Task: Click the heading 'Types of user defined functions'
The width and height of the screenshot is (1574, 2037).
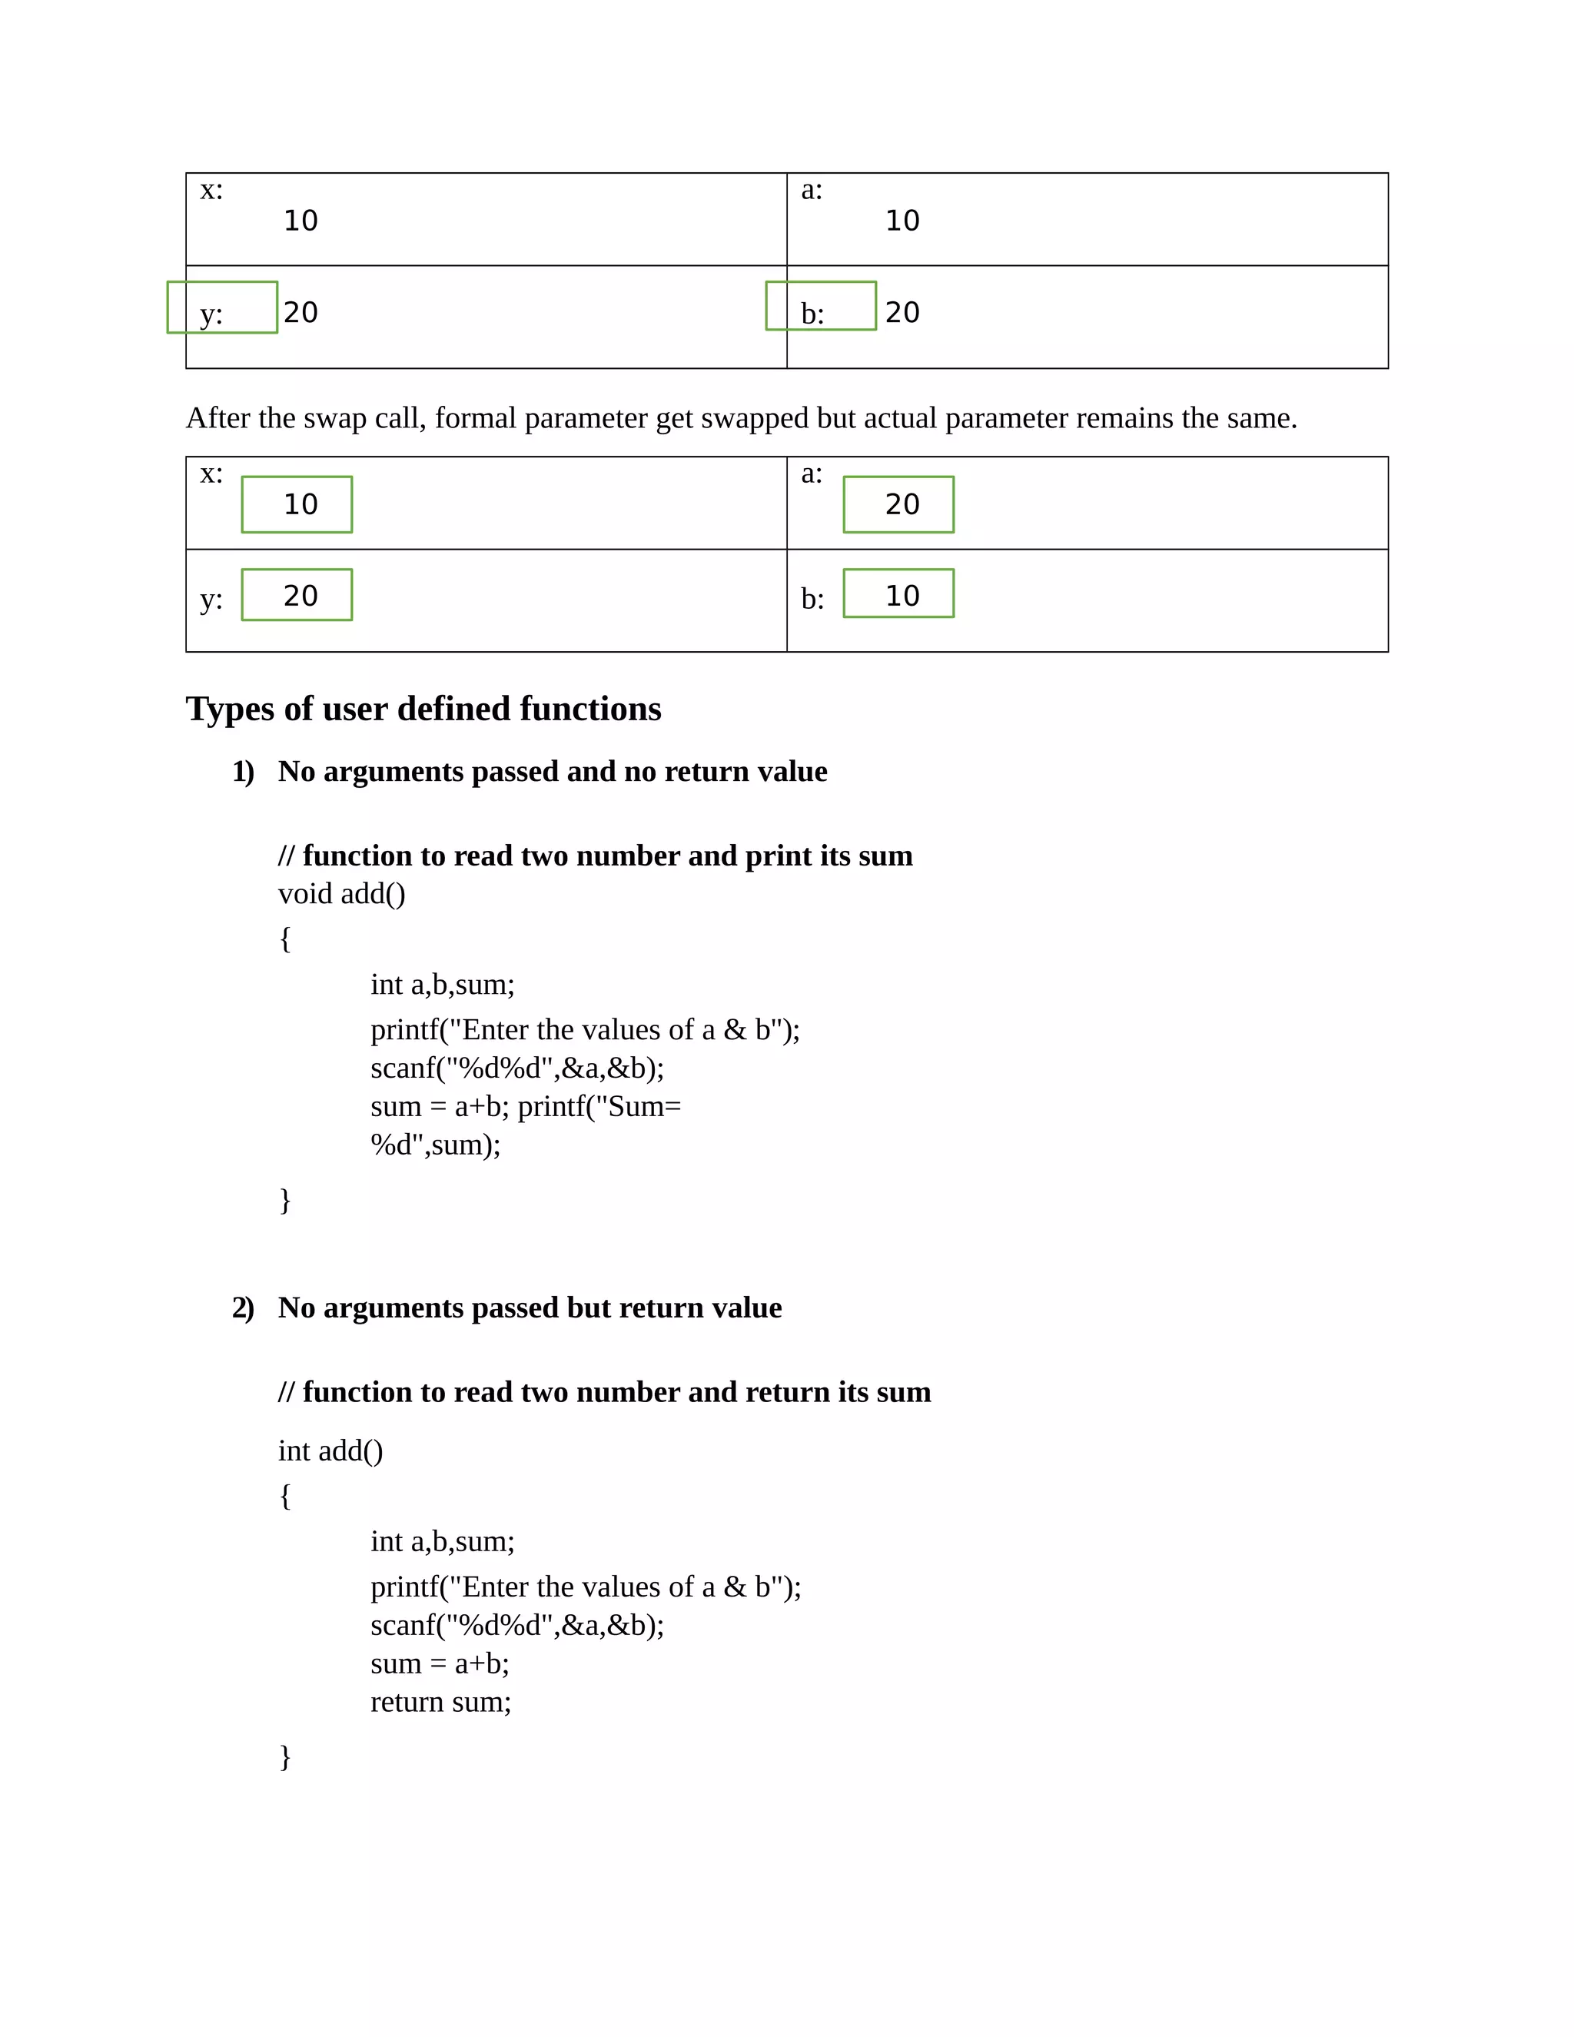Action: [423, 709]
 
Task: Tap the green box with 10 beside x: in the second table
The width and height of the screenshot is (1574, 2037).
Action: [297, 504]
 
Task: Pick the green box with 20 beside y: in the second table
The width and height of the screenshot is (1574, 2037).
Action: [297, 594]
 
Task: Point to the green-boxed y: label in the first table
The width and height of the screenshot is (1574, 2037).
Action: [222, 307]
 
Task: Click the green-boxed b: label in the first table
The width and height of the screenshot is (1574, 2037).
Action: [821, 306]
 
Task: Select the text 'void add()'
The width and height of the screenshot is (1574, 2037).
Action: [341, 893]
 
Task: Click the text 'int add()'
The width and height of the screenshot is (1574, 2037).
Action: [330, 1450]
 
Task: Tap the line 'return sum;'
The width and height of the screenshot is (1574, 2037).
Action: [440, 1701]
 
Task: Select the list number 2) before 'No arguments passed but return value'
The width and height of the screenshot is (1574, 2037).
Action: [244, 1308]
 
